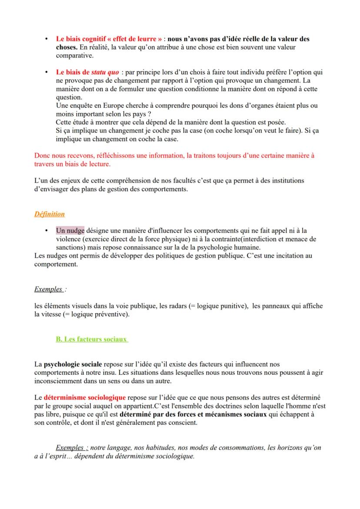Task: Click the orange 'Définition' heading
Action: (50, 214)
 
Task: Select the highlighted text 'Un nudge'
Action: (70, 231)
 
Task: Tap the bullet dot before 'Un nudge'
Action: (46, 231)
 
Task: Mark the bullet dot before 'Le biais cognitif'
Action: (46, 39)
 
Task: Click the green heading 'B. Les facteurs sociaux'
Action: (92, 339)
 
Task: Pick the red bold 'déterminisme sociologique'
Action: (85, 398)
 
